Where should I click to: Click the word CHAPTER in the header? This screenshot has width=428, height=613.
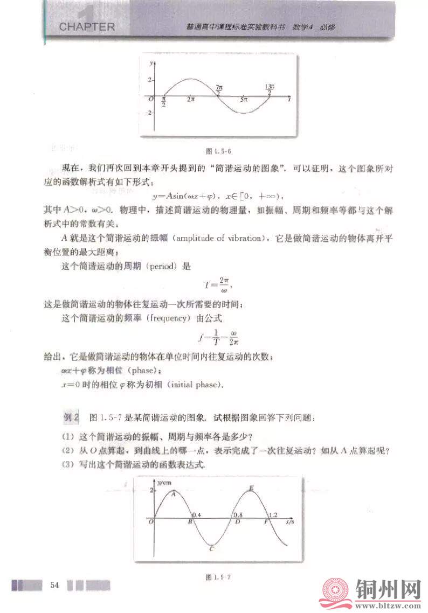point(87,26)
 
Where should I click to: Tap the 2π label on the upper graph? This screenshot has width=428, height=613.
point(191,99)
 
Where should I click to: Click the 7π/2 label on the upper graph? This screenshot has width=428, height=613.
point(218,89)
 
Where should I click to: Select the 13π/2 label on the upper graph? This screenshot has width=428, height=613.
point(270,89)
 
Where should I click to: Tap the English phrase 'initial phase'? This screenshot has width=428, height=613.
point(196,385)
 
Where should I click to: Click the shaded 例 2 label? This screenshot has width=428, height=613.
point(72,416)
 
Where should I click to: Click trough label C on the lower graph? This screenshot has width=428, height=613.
point(212,549)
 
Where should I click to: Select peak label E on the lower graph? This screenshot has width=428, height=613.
point(251,489)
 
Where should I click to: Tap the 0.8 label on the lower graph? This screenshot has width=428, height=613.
point(238,516)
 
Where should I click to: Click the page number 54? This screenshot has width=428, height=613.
point(54,585)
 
